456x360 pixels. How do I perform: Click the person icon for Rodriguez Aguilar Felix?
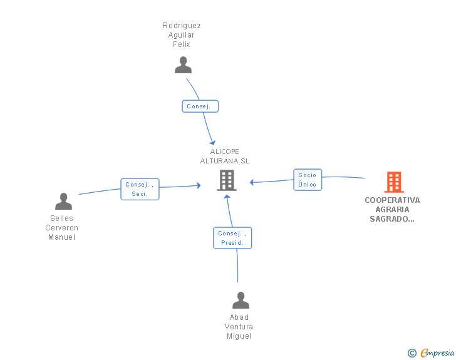(x=183, y=65)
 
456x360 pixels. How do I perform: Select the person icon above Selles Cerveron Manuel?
(x=63, y=201)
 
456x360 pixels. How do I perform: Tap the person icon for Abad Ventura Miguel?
(x=241, y=300)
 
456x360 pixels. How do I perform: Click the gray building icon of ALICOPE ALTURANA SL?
(x=227, y=180)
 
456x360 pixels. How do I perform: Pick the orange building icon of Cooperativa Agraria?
(x=394, y=182)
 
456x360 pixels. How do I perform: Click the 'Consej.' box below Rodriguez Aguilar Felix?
(x=200, y=106)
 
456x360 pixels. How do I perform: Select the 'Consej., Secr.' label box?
(x=140, y=189)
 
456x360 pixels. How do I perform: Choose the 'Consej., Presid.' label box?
(x=232, y=238)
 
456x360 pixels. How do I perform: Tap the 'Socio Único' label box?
(x=308, y=180)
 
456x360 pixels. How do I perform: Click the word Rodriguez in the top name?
(x=182, y=26)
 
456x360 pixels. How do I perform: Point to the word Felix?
(x=182, y=44)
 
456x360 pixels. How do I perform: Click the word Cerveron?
(x=61, y=228)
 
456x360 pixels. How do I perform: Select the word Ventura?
(x=239, y=327)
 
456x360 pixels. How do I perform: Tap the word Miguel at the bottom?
(x=239, y=336)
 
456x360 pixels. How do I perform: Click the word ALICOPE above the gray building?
(x=224, y=152)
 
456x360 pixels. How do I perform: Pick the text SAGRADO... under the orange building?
(x=392, y=219)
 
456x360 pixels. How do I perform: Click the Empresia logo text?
(x=437, y=352)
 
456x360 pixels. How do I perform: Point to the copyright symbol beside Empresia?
(x=412, y=353)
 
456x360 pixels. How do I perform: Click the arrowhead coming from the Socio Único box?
(x=252, y=182)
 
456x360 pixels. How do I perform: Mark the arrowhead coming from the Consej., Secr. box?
(x=199, y=185)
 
